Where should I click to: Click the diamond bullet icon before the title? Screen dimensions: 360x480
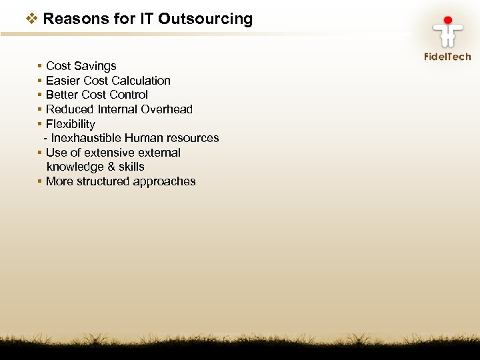(x=32, y=19)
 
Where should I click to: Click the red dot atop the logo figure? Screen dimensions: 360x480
(x=448, y=21)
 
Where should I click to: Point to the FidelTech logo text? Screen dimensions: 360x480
(x=447, y=57)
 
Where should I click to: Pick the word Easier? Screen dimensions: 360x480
(x=62, y=81)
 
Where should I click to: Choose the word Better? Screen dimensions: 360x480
(x=62, y=95)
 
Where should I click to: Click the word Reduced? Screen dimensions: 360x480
(x=69, y=109)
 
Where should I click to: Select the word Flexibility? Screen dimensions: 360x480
(x=71, y=124)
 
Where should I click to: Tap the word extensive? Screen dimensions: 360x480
(x=107, y=153)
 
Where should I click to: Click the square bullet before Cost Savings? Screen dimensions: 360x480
(x=41, y=66)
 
